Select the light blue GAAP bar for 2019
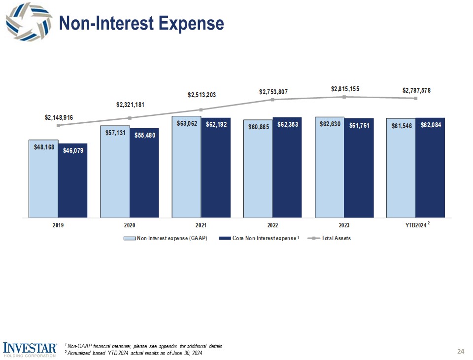click(43, 180)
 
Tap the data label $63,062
click(187, 124)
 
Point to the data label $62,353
click(287, 125)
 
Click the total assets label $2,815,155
click(345, 89)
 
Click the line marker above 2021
click(201, 109)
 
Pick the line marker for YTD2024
click(416, 98)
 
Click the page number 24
click(461, 352)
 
